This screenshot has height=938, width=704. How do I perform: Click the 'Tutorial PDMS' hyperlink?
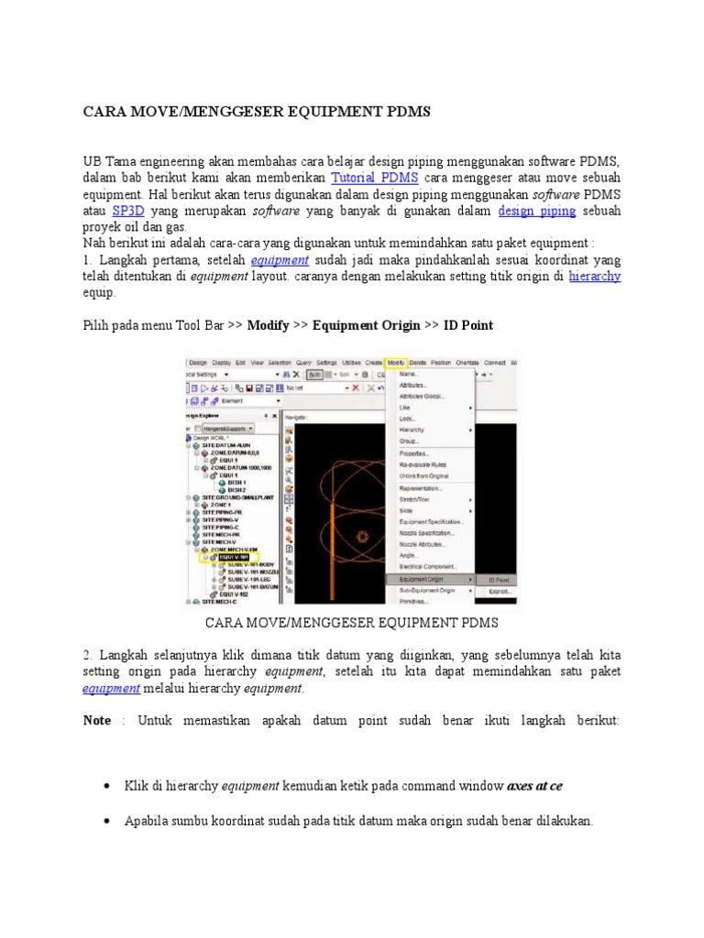(375, 177)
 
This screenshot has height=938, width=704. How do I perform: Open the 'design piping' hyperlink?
(537, 211)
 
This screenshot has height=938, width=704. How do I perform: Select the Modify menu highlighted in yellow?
(396, 363)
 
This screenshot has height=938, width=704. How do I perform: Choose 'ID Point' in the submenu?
(499, 580)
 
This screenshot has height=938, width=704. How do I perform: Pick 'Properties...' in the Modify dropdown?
(415, 453)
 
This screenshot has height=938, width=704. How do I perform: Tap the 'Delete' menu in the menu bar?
(418, 363)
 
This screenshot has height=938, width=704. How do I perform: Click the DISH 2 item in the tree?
(237, 489)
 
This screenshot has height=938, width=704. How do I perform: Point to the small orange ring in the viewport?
(363, 536)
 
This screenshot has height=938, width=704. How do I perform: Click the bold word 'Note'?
(97, 721)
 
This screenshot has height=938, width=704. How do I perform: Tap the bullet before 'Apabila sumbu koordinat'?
(108, 822)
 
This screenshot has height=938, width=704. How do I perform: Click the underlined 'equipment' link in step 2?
(102, 689)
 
